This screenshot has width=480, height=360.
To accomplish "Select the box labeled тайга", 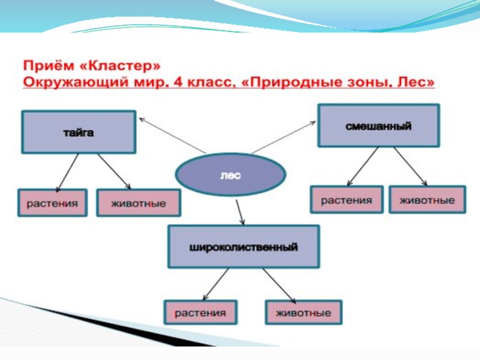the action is (x=78, y=132).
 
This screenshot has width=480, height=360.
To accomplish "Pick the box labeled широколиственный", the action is (x=243, y=247).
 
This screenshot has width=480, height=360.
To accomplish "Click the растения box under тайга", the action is (x=52, y=203).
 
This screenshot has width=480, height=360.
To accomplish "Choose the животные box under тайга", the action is (x=138, y=203).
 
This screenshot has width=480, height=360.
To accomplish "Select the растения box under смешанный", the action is (x=346, y=200).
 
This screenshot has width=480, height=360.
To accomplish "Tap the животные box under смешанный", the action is (x=427, y=200).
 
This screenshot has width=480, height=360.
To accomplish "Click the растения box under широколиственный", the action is (x=200, y=313).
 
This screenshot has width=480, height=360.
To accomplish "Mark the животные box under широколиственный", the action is (x=303, y=313).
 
